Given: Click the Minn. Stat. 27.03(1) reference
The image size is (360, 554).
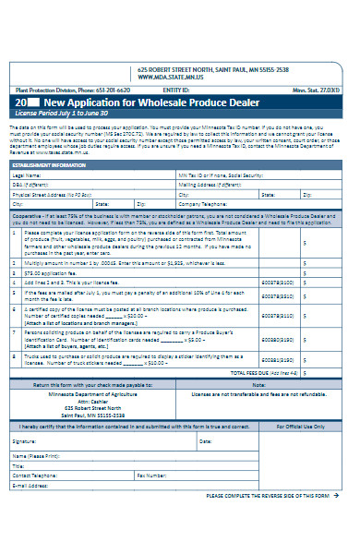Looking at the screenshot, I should click(329, 89).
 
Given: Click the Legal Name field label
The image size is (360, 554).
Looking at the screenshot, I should click(27, 174).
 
